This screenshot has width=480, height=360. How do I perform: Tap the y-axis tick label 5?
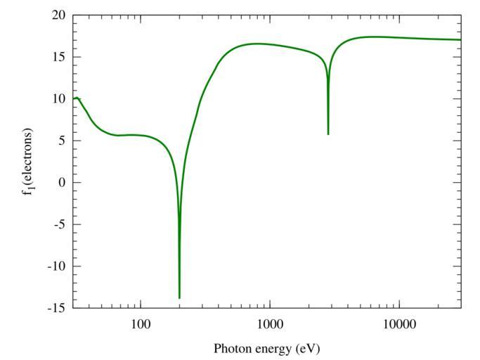[61, 141]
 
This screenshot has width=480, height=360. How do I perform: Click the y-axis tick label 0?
[61, 183]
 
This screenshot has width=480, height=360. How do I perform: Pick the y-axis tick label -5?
[59, 225]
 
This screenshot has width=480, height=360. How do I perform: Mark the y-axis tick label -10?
[56, 266]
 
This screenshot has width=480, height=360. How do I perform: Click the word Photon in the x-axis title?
[231, 349]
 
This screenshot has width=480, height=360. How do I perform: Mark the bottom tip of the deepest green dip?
[179, 297]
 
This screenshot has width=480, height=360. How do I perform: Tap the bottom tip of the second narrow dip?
[328, 134]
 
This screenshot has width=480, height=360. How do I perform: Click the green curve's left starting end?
[73, 99]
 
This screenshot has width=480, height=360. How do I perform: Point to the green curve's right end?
[461, 39]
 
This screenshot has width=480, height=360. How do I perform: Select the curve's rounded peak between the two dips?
[257, 44]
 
